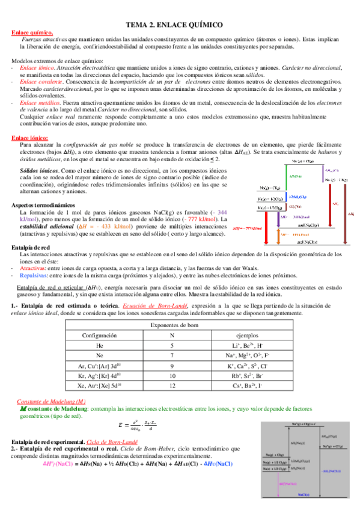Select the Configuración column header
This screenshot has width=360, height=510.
pos(99,335)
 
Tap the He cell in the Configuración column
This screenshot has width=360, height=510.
pos(99,345)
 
